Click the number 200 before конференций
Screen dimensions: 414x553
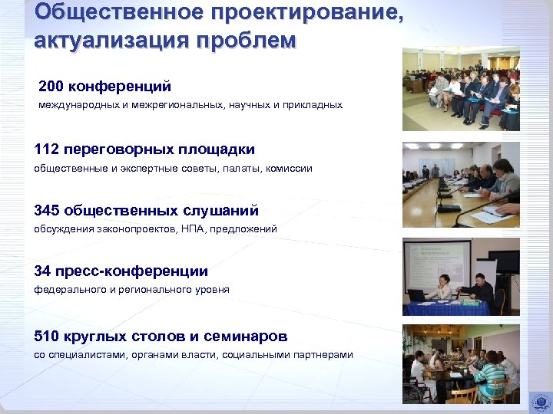tap(52, 86)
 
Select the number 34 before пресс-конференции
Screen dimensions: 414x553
tap(43, 271)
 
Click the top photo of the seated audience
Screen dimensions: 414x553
tap(461, 90)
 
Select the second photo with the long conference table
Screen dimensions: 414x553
tap(461, 185)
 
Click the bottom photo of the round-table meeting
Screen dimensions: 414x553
tap(461, 364)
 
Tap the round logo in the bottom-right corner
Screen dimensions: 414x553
tap(539, 401)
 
